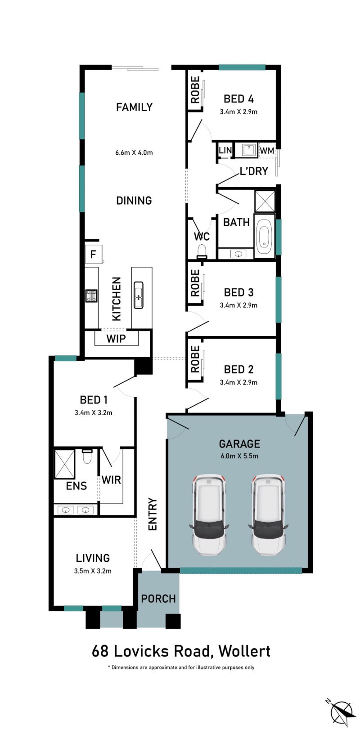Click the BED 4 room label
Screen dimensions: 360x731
tap(238, 99)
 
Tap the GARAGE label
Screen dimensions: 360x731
tap(239, 444)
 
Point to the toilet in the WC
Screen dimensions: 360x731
tap(202, 251)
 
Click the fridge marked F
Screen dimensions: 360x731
tap(94, 254)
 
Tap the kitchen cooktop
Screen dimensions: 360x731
tap(91, 296)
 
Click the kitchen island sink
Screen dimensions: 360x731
tap(139, 295)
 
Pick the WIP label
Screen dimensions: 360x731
tap(116, 338)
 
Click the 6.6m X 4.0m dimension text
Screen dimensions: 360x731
tap(134, 152)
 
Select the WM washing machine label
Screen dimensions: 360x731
tap(267, 151)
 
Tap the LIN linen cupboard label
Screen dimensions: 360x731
tap(225, 150)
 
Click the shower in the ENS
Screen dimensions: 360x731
tap(65, 464)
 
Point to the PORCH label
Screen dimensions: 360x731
tap(158, 598)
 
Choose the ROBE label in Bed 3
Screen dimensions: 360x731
tap(195, 283)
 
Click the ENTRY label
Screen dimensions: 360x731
tap(153, 514)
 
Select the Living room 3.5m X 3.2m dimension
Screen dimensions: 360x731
tap(93, 571)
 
